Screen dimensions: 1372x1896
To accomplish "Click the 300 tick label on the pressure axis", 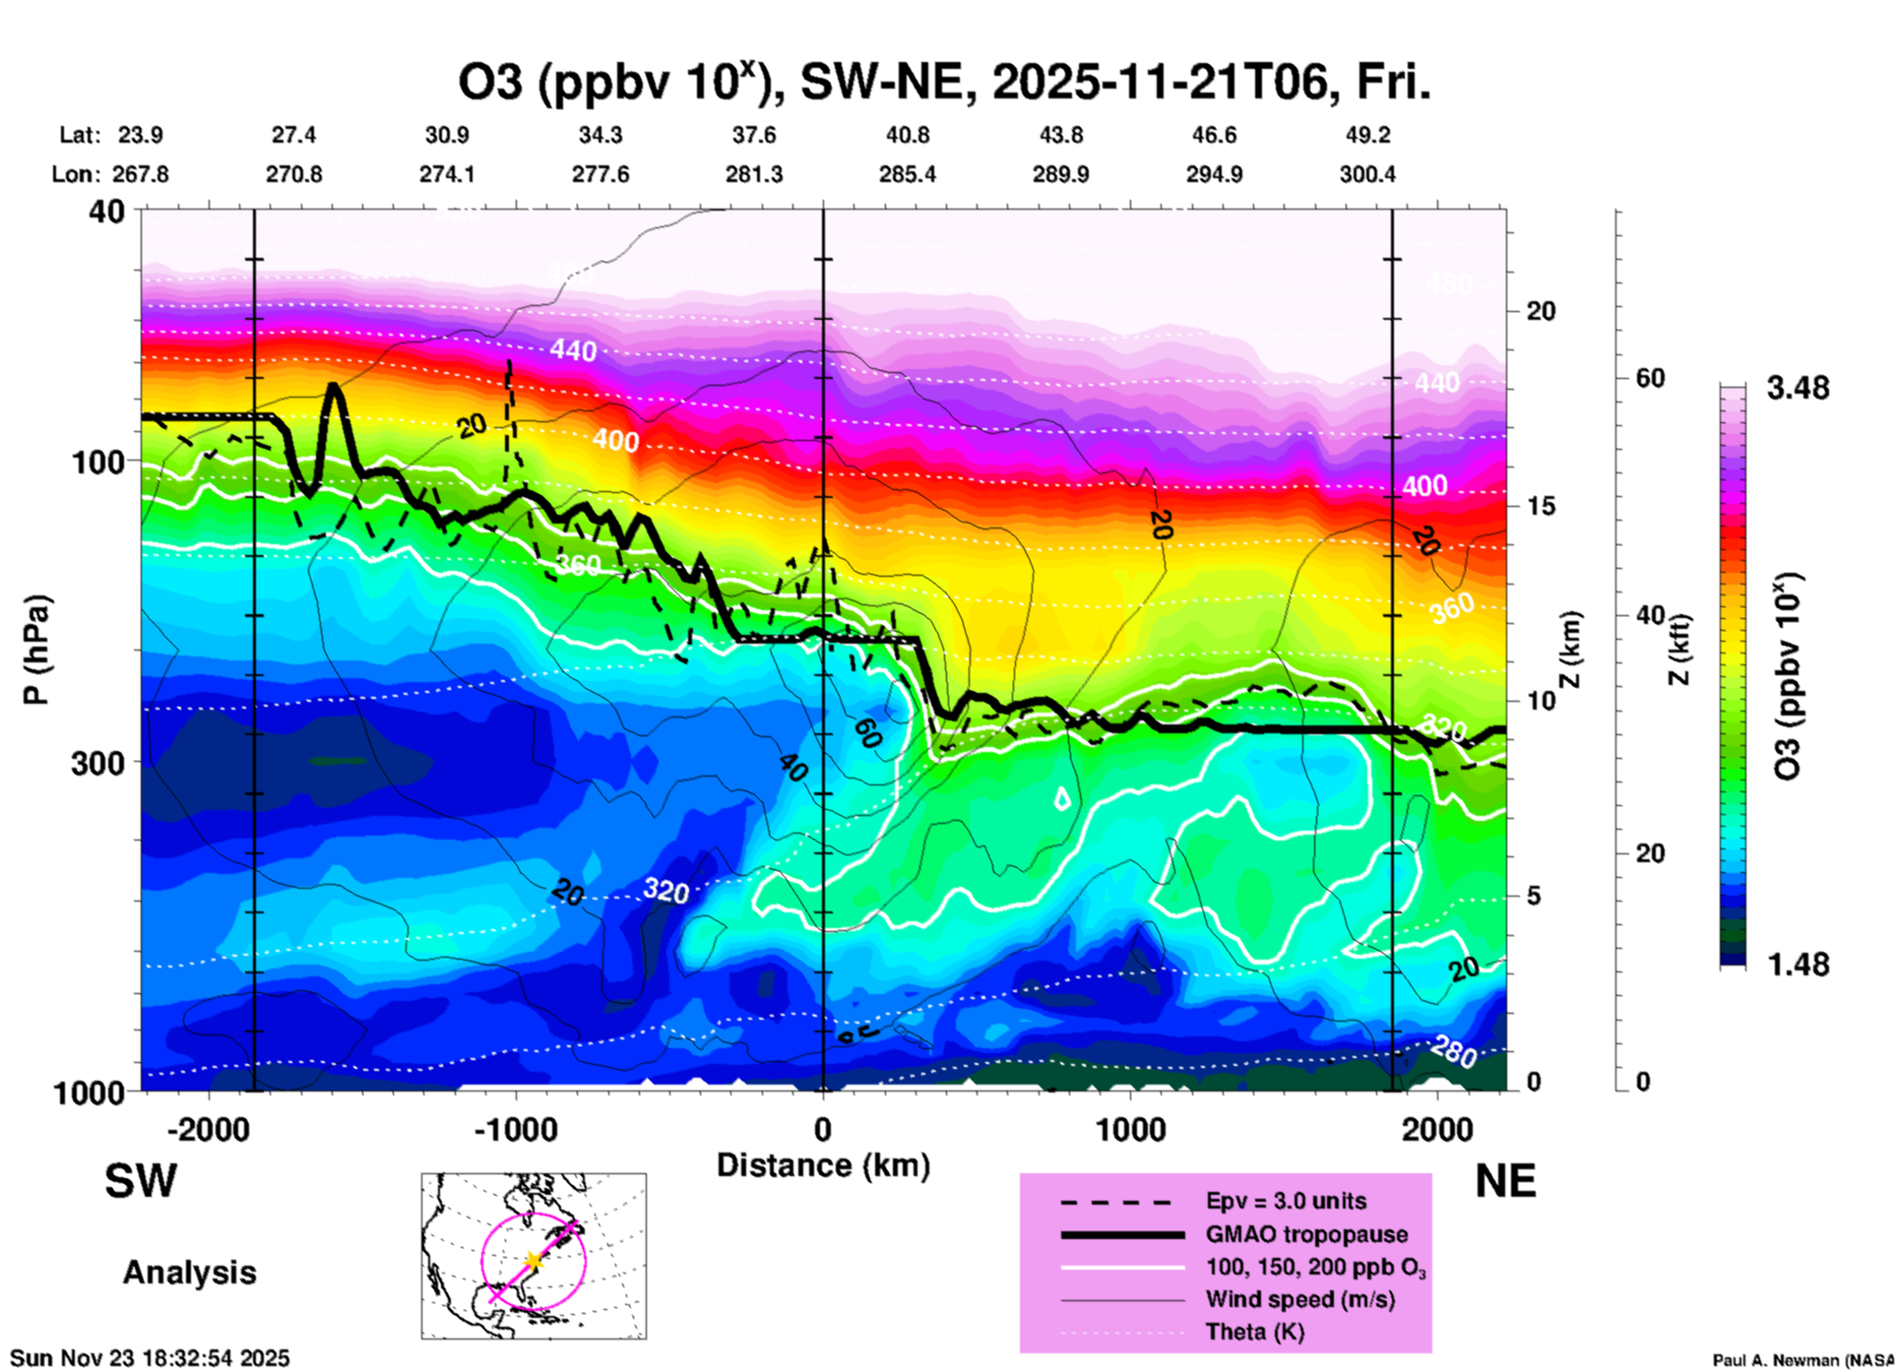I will coord(96,763).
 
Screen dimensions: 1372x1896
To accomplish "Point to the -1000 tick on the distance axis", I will coord(516,1129).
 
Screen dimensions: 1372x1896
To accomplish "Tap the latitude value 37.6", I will coord(754,136).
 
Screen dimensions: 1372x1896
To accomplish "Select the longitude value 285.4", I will coord(907,175).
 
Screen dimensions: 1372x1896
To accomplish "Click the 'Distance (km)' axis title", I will coord(823,1165).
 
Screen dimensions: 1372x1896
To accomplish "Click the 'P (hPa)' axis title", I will coord(36,650).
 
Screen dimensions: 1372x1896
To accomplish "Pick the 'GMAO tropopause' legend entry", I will coord(1306,1234).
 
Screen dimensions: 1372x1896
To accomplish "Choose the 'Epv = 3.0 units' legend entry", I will coord(1286,1202).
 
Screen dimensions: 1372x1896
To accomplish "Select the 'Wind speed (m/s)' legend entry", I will coord(1299,1300).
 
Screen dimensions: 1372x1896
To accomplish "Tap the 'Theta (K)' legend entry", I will coord(1254,1333).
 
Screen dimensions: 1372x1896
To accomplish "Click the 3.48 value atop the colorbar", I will coord(1798,389).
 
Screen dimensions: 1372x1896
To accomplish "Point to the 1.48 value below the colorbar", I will coord(1798,965).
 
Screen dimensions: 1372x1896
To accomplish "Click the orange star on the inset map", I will coord(533,1260).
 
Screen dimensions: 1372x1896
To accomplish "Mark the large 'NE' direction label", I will coord(1505,1181).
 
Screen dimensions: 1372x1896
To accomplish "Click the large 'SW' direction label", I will coord(141,1181).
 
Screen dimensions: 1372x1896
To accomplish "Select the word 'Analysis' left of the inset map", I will coord(189,1273).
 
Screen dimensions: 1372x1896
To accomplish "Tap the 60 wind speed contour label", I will coord(867,733).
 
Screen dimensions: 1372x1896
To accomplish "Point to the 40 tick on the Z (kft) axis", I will coord(1650,616).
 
